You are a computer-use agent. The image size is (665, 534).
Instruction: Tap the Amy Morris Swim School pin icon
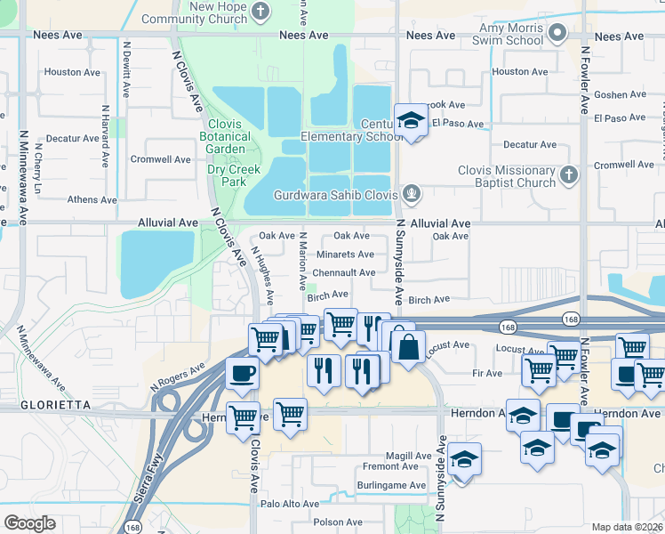[x=557, y=34]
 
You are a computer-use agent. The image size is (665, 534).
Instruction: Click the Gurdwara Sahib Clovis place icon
[x=411, y=193]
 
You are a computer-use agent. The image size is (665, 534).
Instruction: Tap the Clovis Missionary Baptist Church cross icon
[x=571, y=177]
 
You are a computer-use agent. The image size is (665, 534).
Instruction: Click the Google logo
[x=29, y=522]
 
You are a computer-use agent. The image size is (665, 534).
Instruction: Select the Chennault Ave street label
[x=344, y=273]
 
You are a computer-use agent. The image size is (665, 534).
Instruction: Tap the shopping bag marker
[x=407, y=345]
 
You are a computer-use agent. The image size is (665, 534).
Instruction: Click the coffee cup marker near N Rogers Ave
[x=241, y=372]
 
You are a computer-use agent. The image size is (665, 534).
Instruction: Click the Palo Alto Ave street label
[x=289, y=504]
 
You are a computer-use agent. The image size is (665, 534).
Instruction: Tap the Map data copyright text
[x=626, y=527]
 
